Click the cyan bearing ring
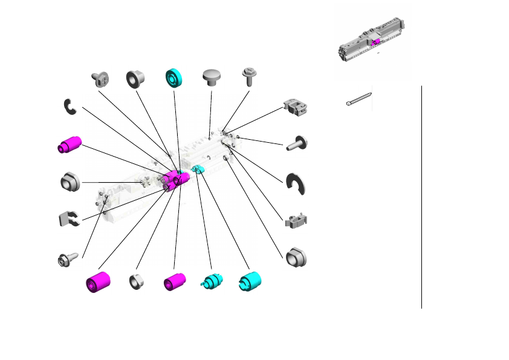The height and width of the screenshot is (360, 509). click(175, 79)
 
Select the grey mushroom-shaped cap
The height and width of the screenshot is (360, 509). click(211, 78)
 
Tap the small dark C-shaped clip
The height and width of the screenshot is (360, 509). click(70, 106)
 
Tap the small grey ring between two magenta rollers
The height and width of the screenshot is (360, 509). click(137, 281)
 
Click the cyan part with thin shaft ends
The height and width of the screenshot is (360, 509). click(212, 282)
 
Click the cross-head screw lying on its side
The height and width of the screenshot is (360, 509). click(99, 78)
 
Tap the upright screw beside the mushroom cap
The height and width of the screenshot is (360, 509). click(248, 76)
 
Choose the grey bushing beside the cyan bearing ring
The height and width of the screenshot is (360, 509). click(136, 79)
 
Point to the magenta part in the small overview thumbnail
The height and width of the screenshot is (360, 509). click(376, 41)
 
